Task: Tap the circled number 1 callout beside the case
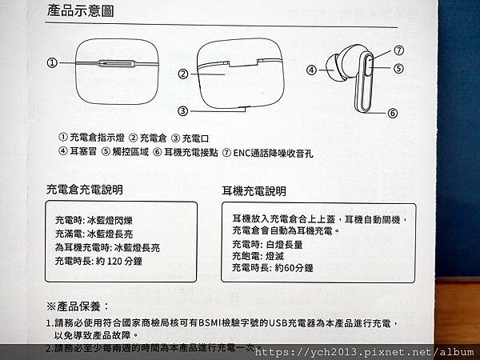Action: click(x=53, y=62)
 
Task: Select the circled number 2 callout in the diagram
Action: click(x=183, y=74)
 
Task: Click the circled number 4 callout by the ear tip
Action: click(x=311, y=70)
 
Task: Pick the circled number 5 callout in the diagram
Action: click(x=398, y=68)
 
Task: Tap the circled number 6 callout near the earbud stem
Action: click(x=393, y=113)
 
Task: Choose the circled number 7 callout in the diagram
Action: click(x=398, y=50)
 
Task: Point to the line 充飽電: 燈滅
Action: click(x=258, y=256)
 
